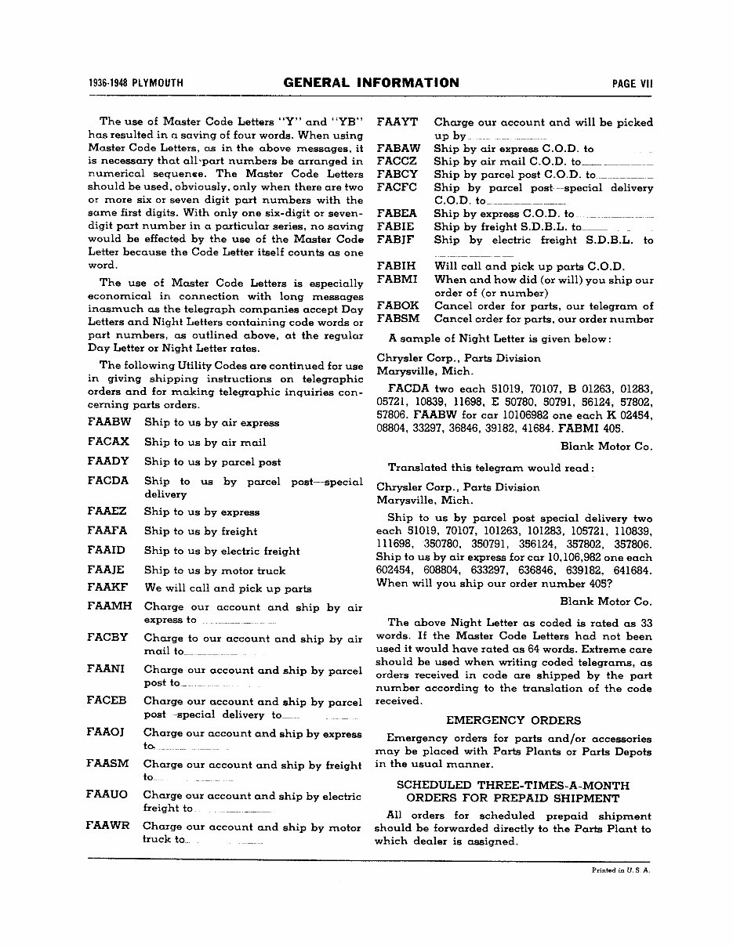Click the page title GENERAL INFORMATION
click(x=371, y=83)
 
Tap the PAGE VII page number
click(x=633, y=84)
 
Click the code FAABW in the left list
click(x=109, y=422)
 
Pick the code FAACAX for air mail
click(x=109, y=442)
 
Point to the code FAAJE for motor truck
click(x=107, y=570)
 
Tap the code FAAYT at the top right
click(x=397, y=122)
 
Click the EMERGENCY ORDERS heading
click(x=513, y=720)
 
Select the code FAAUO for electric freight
click(x=107, y=794)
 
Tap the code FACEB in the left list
click(x=107, y=701)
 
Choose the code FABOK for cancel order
click(x=397, y=306)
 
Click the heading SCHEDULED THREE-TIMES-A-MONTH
click(x=513, y=785)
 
